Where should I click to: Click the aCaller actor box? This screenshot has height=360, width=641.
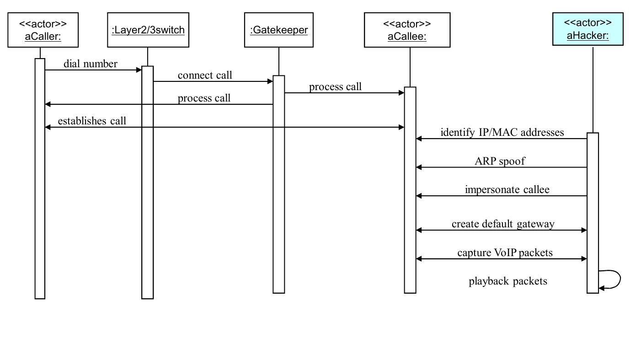43,30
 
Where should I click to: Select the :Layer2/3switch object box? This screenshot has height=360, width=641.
148,30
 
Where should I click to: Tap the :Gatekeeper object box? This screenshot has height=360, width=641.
278,30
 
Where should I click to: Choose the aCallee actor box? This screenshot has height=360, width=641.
407,30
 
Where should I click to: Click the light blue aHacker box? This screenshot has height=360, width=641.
588,29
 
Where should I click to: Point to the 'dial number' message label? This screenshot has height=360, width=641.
90,64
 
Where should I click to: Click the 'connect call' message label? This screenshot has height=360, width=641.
205,75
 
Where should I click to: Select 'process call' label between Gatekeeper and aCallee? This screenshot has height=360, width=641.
335,87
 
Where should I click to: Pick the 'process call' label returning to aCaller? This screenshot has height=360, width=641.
204,98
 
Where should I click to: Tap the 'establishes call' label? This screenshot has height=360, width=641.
91,121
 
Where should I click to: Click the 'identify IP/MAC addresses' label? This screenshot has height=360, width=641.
502,133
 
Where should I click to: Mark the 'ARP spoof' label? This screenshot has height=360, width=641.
500,161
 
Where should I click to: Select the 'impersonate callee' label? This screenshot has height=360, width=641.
507,189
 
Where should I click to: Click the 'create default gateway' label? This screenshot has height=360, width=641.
503,224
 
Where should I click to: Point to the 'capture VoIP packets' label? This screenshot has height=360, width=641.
505,253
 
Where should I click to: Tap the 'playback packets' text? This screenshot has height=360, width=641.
507,281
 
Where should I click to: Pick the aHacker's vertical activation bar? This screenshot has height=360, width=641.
593,210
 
